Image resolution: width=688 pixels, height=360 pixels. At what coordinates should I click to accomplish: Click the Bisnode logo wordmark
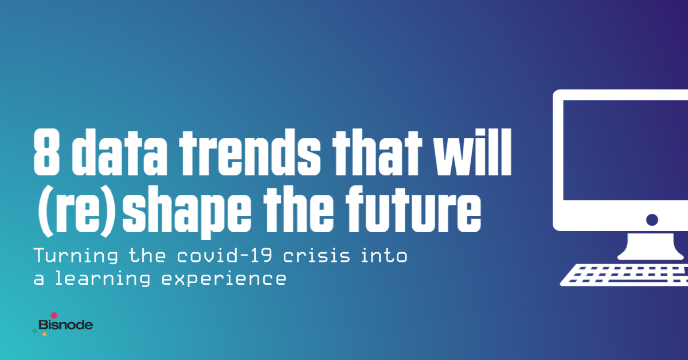pyautogui.click(x=65, y=326)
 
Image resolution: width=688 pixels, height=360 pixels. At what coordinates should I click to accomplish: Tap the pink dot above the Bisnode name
pyautogui.click(x=54, y=315)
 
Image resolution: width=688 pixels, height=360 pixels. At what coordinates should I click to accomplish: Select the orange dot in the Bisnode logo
pyautogui.click(x=44, y=334)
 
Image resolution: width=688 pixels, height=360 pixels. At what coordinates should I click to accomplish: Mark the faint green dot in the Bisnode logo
pyautogui.click(x=35, y=331)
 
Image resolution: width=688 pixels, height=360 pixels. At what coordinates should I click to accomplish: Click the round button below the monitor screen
pyautogui.click(x=651, y=220)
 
